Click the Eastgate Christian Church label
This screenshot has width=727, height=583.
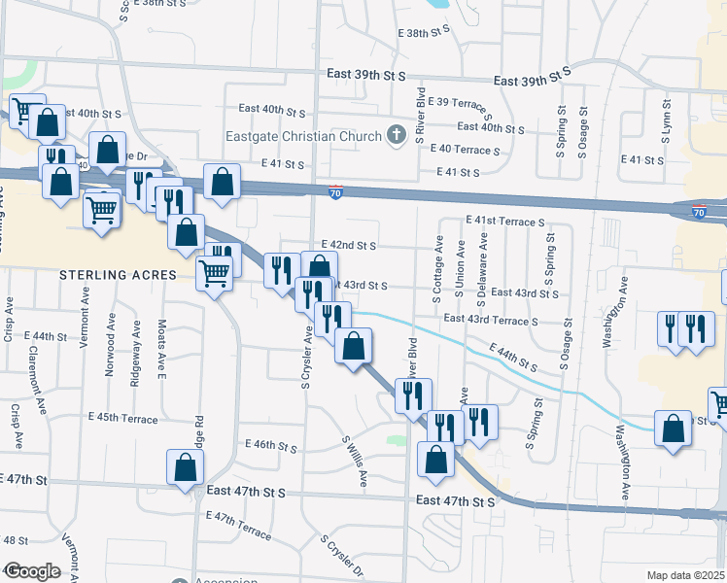click(x=303, y=136)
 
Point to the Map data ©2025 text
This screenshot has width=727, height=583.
click(x=685, y=575)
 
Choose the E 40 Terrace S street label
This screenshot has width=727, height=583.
click(x=464, y=150)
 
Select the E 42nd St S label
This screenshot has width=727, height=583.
click(x=348, y=247)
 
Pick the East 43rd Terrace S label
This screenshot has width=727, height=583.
click(x=490, y=320)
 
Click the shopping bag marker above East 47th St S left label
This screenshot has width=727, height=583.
click(x=185, y=468)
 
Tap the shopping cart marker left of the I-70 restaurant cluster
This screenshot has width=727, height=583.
click(x=102, y=209)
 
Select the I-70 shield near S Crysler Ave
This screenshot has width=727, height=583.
click(x=336, y=192)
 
